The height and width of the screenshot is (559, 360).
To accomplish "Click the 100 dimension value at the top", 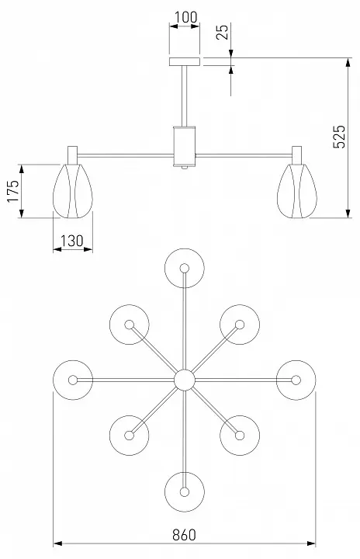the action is [185, 17].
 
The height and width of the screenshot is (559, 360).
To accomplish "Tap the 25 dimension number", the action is [222, 32].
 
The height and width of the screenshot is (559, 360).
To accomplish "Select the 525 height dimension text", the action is [339, 137].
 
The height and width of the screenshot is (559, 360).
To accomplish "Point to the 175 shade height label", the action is [13, 191].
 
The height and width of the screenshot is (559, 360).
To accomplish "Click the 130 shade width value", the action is [71, 241].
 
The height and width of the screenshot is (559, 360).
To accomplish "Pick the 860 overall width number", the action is [185, 535].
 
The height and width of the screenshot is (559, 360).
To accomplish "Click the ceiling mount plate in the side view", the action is [185, 61].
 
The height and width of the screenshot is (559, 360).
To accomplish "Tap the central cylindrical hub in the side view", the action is [185, 146].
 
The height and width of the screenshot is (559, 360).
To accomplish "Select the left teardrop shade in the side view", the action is [73, 191].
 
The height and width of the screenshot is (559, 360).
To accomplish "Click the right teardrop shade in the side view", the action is [297, 191].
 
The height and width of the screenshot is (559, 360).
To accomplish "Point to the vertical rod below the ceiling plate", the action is [185, 96].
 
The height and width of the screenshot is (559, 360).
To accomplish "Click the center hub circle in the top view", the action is [185, 380].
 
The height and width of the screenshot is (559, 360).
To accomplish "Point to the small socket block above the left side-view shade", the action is [73, 155].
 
